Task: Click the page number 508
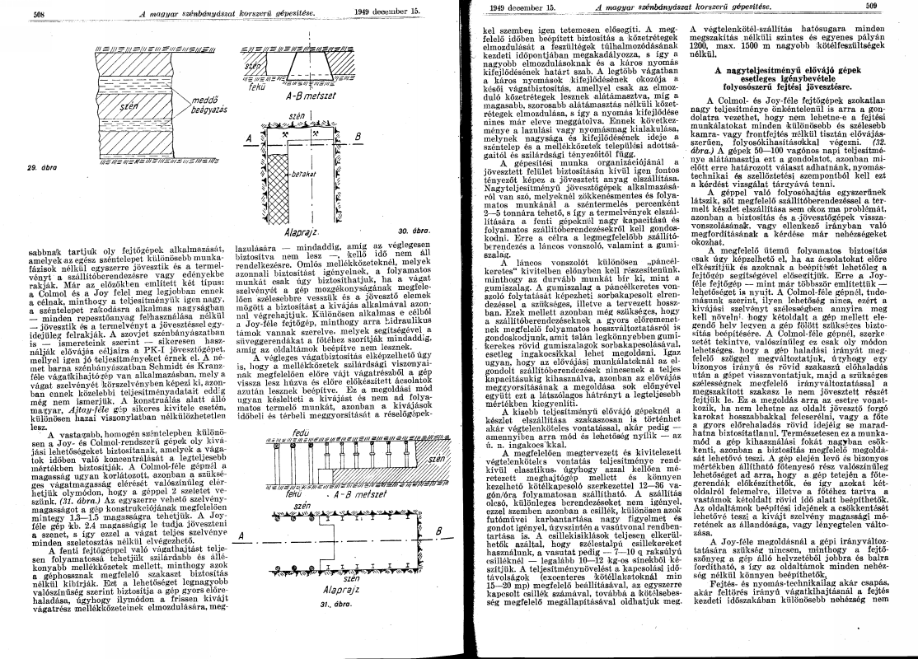point(38,14)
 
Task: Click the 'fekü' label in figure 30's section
point(256,85)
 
